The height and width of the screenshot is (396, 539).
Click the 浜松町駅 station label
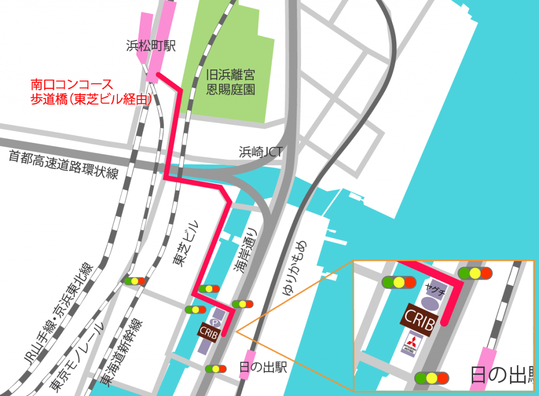pyautogui.click(x=151, y=46)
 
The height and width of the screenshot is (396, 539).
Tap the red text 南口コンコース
pyautogui.click(x=72, y=84)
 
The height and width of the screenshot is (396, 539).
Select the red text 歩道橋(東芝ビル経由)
pyautogui.click(x=91, y=98)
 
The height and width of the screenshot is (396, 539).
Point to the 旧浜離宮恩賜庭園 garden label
pyautogui.click(x=231, y=83)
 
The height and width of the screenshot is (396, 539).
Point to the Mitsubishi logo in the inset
pyautogui.click(x=413, y=344)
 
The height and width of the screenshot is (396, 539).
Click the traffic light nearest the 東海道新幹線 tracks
pyautogui.click(x=134, y=281)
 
